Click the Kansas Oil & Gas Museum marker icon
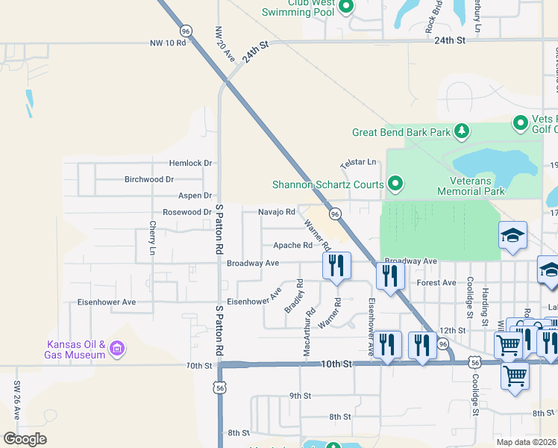click(116, 348)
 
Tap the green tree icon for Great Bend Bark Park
click(462, 132)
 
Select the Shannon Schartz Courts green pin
click(396, 184)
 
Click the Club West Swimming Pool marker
click(345, 7)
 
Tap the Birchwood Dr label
click(149, 179)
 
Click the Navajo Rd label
click(277, 212)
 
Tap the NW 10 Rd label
click(166, 43)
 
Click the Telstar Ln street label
click(357, 162)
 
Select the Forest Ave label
click(436, 283)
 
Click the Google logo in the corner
click(25, 439)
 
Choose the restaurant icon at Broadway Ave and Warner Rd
click(336, 265)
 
